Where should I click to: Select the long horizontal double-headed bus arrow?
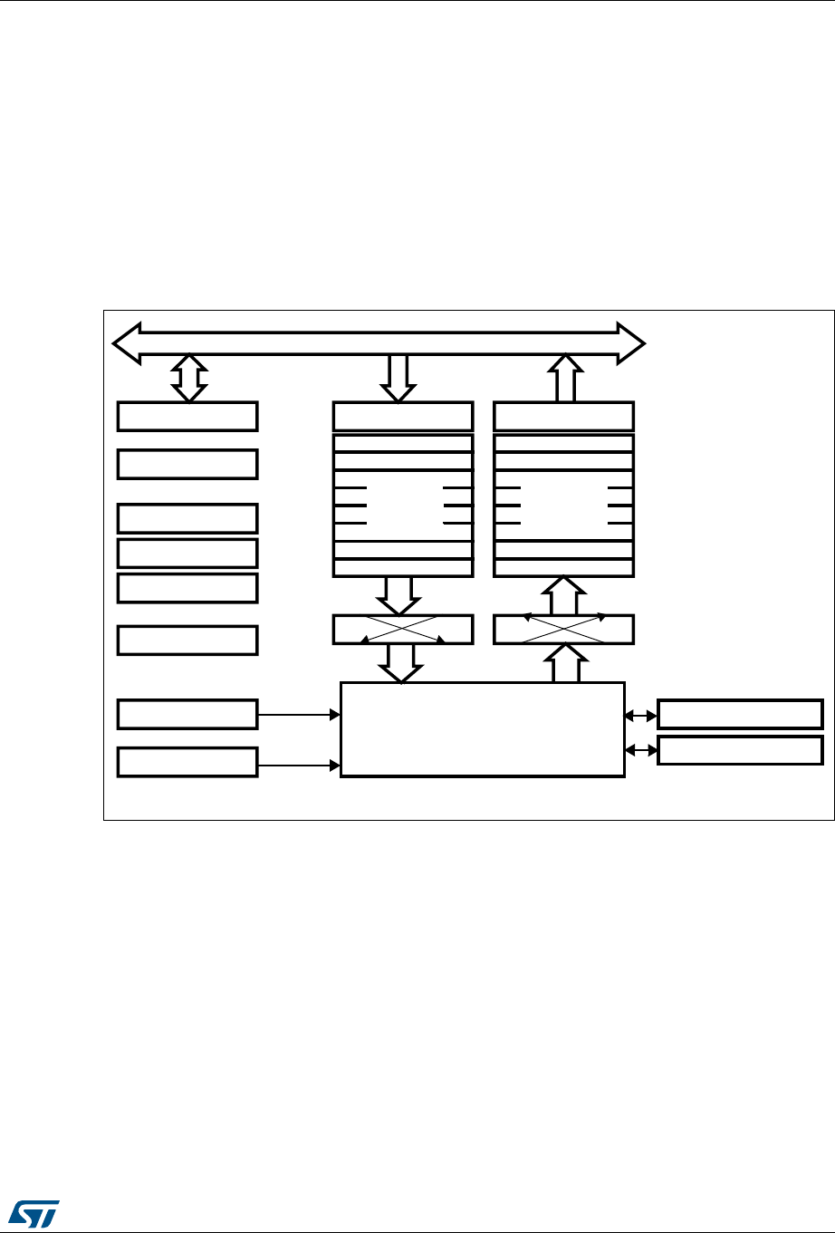tap(378, 343)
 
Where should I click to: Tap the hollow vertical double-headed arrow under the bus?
tap(188, 378)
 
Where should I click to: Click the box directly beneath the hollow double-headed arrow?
tap(187, 416)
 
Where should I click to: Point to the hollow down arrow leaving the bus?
tap(397, 378)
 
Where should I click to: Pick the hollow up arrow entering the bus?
tap(565, 378)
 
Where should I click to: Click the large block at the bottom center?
tap(482, 729)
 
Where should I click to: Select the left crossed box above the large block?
tap(403, 630)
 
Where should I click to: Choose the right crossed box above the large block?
tap(563, 630)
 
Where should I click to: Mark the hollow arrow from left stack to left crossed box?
tap(398, 595)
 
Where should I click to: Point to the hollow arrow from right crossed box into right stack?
tap(563, 595)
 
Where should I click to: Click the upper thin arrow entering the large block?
tap(298, 714)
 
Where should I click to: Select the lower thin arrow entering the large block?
tap(298, 766)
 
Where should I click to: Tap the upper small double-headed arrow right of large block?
tap(641, 715)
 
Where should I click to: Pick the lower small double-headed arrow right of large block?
tap(641, 751)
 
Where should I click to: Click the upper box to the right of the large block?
tap(740, 714)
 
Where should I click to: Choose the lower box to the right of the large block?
tap(740, 751)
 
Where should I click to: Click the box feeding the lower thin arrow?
tap(187, 762)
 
